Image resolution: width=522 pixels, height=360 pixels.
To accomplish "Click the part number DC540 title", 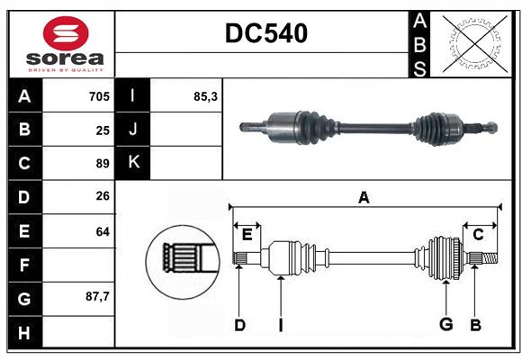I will coord(265,33).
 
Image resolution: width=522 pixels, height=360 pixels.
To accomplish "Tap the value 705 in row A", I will coord(99,96).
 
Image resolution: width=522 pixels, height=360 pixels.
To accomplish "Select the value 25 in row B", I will coord(103,130).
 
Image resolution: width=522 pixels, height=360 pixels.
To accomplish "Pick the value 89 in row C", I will coord(103,164).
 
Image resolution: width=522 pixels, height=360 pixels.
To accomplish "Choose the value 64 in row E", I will coord(103,231).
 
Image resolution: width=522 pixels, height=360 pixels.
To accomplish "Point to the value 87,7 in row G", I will coord(96,295).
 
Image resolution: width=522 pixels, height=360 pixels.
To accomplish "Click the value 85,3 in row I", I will coord(205,96).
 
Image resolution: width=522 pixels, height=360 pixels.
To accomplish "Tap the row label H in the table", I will coord(24,333).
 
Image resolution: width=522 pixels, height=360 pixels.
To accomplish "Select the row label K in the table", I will coord(132,163).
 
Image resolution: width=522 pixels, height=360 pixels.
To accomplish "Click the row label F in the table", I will coord(24,265).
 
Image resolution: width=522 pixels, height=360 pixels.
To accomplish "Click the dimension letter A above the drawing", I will coord(364,197).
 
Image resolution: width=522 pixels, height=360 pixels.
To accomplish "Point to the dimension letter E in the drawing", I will coord(247,235).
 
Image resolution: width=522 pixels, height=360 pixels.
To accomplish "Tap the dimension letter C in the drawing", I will coord(479,235).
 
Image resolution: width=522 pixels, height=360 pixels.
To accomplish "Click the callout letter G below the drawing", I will coord(445,325).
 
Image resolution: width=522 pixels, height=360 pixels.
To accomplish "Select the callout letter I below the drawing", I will coord(280,325).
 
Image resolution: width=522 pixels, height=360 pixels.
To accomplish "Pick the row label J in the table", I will coord(132,130).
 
